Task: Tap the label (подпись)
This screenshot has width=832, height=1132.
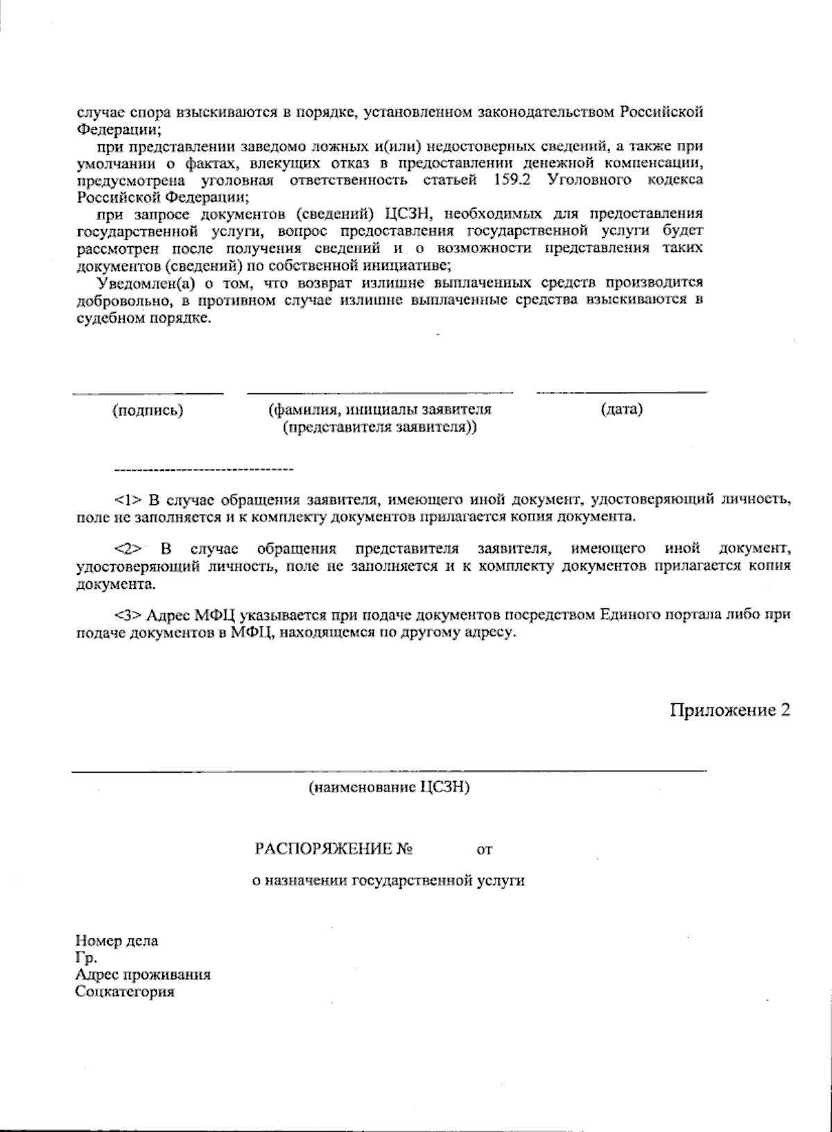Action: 148,410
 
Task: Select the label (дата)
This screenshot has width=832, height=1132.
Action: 622,409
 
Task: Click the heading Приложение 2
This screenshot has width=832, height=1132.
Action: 729,710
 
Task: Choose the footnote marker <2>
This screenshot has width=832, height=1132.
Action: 128,549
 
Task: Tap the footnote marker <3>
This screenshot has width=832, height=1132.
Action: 128,615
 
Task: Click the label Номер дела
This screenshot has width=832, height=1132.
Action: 116,941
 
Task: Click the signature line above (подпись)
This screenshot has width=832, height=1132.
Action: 148,393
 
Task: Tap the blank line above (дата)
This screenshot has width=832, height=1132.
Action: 622,393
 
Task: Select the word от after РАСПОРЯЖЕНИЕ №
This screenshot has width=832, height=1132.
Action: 484,849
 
